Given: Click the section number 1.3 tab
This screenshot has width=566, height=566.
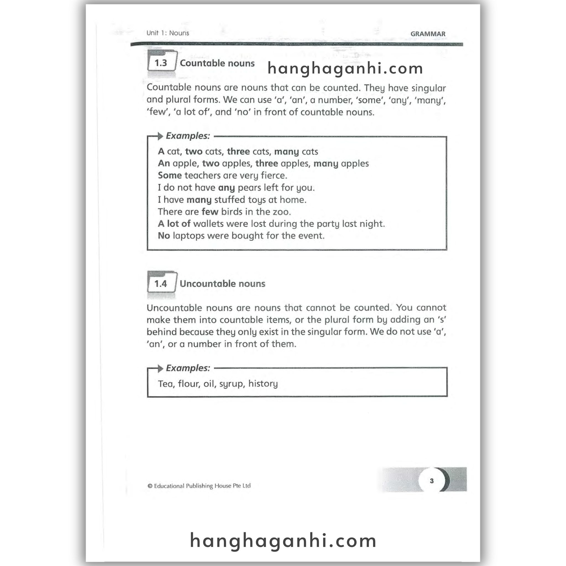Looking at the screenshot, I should click(x=161, y=63).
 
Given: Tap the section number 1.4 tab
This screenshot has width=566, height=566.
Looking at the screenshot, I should click(x=161, y=283).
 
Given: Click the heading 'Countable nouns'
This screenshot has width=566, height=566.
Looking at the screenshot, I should click(x=217, y=63).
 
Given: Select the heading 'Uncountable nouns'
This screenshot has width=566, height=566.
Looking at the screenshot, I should click(x=222, y=284).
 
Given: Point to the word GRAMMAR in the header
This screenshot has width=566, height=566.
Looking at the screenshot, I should click(x=428, y=34).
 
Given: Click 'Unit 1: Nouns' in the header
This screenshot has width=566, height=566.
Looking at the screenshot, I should click(x=167, y=33).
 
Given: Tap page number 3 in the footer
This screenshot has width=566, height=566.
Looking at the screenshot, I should click(x=431, y=481).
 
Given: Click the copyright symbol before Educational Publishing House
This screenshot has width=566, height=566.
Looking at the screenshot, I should click(x=150, y=486).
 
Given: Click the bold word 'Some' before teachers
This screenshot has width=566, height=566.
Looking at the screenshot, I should click(x=170, y=175).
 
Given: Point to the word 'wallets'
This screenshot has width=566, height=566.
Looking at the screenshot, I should click(x=208, y=224).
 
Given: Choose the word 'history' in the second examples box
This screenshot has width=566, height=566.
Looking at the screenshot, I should click(x=263, y=384).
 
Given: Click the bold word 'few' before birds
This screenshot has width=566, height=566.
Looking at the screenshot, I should click(x=210, y=212).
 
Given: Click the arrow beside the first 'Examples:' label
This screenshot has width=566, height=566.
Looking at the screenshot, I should click(x=160, y=136).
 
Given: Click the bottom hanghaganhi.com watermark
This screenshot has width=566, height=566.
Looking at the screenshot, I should click(x=283, y=541).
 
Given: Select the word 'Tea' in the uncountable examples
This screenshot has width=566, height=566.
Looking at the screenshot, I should click(x=165, y=384).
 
